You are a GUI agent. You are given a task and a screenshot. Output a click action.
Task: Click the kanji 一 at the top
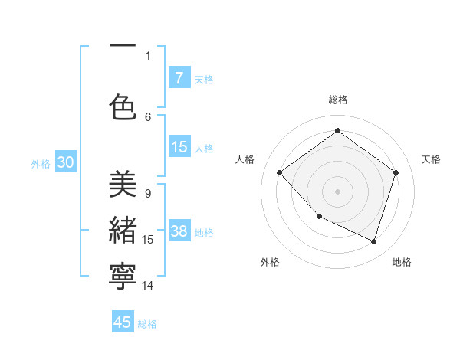(123, 46)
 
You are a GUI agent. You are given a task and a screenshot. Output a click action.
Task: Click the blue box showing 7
(179, 78)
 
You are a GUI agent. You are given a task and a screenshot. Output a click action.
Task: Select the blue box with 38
(179, 232)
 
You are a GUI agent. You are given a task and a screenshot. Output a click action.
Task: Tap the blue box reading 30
(65, 163)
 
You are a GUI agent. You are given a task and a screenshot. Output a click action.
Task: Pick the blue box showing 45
(123, 322)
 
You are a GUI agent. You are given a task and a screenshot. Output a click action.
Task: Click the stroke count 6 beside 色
(148, 116)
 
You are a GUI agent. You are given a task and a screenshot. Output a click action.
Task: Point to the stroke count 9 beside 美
(148, 194)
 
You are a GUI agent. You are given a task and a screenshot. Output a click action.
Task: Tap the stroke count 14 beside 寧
(148, 286)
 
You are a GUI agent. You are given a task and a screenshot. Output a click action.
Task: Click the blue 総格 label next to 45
(147, 324)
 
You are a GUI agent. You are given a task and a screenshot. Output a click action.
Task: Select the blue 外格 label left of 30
(41, 164)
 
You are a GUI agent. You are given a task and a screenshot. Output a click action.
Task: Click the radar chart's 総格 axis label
(337, 100)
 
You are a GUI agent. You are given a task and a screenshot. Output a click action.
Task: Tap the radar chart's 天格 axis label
(431, 159)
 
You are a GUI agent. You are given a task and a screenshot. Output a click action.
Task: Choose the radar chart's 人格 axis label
(245, 159)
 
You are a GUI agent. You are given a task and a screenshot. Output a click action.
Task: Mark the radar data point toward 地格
(373, 242)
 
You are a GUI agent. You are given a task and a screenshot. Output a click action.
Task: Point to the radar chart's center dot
(337, 191)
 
